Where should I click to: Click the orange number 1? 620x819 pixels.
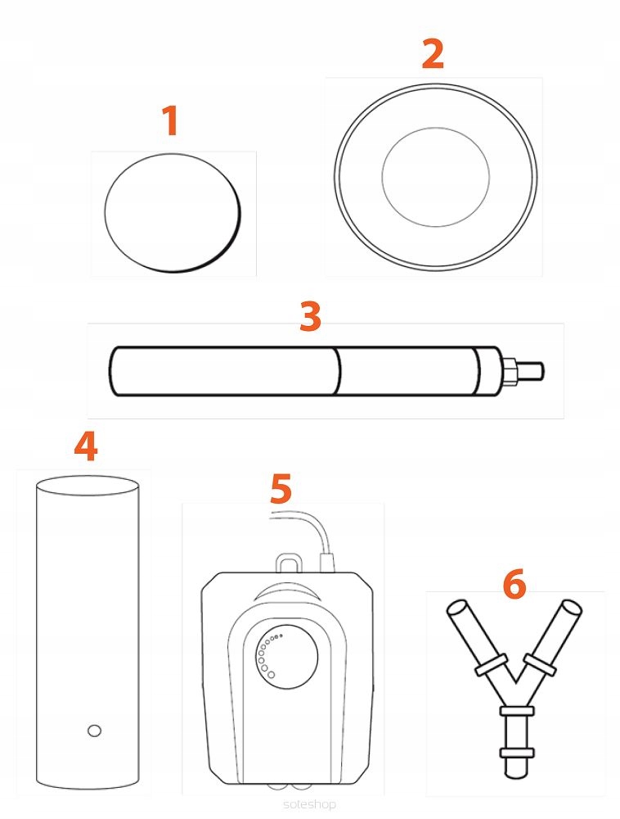pos(170,120)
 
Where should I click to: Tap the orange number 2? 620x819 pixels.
pos(434,54)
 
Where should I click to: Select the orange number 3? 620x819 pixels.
pos(310,316)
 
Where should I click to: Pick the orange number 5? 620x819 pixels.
pos(281,488)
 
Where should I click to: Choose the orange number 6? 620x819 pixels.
pos(514,584)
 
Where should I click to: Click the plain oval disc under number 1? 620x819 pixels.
pos(173,213)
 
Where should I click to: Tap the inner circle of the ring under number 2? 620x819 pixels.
pos(435,128)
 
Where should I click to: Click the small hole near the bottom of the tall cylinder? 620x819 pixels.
pos(94,731)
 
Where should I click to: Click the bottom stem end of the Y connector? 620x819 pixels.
pos(516,769)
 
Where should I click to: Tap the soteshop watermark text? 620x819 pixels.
pos(310,804)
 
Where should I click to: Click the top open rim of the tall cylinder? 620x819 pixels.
pos(88,486)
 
